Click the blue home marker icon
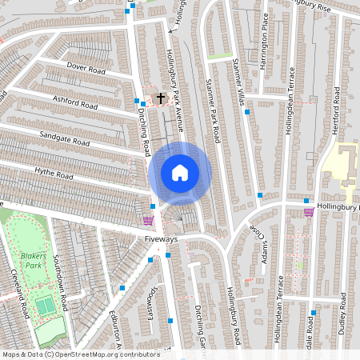tap(180, 172)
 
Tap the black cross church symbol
tap(160, 98)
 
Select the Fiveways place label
tap(161, 239)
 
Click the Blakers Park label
tap(31, 258)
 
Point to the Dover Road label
tap(86, 67)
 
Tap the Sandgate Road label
tap(62, 138)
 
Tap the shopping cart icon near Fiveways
tap(148, 220)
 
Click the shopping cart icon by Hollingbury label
tap(309, 211)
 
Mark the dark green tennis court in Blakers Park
tap(46, 306)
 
